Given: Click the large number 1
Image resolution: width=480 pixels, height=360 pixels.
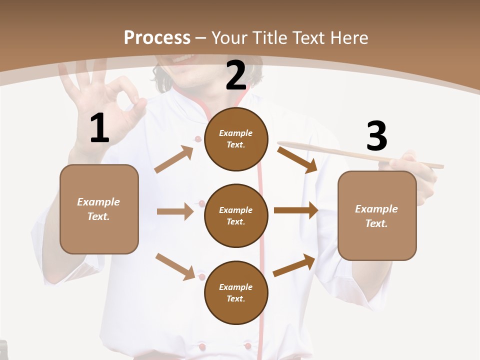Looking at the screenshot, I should click(99, 128).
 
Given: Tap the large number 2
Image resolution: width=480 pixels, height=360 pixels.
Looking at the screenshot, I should click(236, 75).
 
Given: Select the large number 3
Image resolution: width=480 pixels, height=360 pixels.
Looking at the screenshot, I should click(376, 136).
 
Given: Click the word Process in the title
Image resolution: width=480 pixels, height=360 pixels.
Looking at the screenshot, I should click(157, 37).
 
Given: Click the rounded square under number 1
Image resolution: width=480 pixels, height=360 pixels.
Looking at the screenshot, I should click(99, 209).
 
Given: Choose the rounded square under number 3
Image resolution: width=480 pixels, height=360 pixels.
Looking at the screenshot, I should click(377, 216).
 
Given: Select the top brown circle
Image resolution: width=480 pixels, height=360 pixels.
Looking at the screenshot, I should click(236, 139).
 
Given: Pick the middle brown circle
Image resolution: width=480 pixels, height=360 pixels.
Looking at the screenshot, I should click(236, 216).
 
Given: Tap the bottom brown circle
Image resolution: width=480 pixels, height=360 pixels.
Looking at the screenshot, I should click(236, 293).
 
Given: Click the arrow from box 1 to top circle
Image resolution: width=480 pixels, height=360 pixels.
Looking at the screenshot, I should click(174, 159).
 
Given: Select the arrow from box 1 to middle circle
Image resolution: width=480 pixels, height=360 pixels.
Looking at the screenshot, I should click(175, 211).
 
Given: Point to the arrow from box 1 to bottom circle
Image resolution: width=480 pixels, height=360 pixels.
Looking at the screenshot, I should click(175, 266).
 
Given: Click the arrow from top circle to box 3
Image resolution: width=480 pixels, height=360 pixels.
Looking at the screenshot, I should click(297, 159).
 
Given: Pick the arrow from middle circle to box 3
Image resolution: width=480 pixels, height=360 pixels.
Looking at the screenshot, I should click(296, 210).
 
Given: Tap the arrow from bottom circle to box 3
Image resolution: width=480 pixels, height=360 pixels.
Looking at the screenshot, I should click(294, 265).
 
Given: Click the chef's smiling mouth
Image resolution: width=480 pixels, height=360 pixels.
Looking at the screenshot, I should click(180, 59).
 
